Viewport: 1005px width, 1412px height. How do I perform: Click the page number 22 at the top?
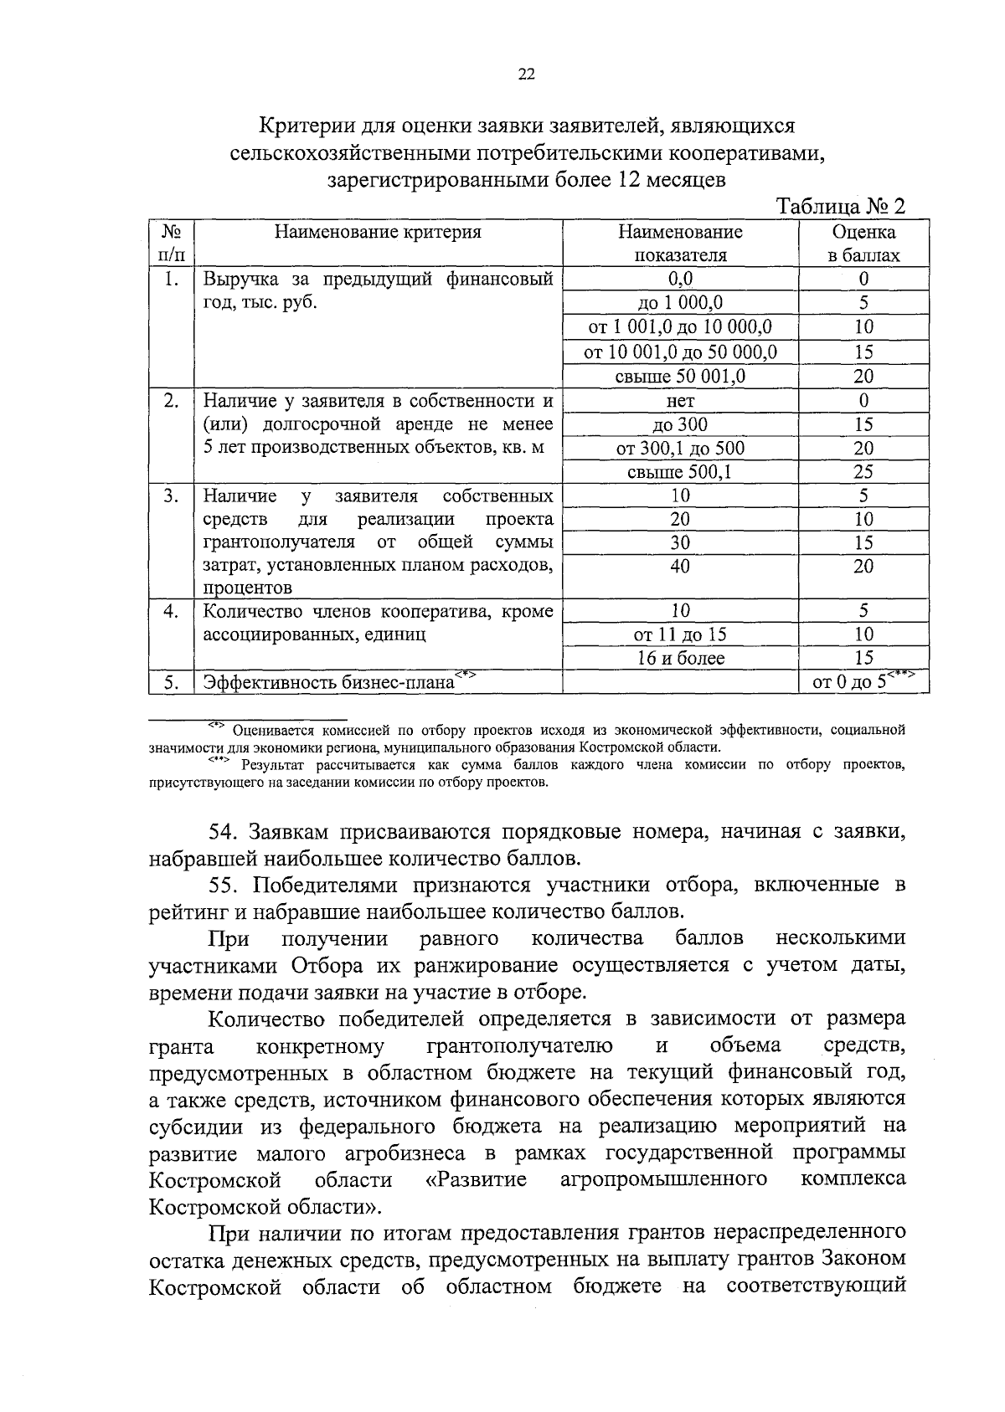(x=526, y=74)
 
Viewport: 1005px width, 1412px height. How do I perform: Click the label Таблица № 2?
(x=841, y=207)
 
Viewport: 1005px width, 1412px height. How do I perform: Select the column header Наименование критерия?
(x=379, y=233)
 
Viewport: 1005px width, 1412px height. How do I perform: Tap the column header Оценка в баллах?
(x=863, y=244)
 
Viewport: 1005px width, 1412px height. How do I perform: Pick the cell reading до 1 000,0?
(x=680, y=303)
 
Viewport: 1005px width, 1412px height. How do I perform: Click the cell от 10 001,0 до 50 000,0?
(x=680, y=352)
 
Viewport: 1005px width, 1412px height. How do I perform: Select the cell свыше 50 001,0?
(x=680, y=376)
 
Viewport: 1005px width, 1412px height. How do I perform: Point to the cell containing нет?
(x=680, y=400)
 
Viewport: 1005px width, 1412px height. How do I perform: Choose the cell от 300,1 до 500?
(x=680, y=449)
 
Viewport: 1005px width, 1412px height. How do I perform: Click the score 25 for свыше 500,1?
(x=863, y=472)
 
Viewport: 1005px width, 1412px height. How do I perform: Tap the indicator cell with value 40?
(x=680, y=567)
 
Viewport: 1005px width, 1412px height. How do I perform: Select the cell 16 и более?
(x=680, y=658)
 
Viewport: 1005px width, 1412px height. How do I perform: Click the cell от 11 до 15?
(x=680, y=634)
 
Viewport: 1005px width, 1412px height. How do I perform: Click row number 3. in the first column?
(x=171, y=496)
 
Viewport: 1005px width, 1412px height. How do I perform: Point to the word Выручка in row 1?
(x=241, y=280)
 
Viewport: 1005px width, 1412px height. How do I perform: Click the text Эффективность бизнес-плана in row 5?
(x=328, y=682)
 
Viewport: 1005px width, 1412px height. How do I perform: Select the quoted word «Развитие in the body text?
(x=473, y=1180)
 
